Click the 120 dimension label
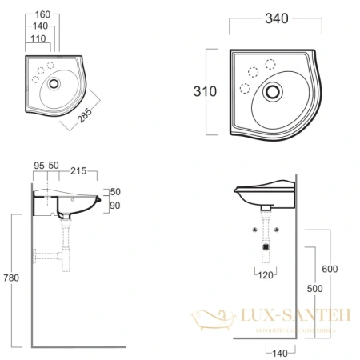[x=265, y=276]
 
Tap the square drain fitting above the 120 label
[x=264, y=247]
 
